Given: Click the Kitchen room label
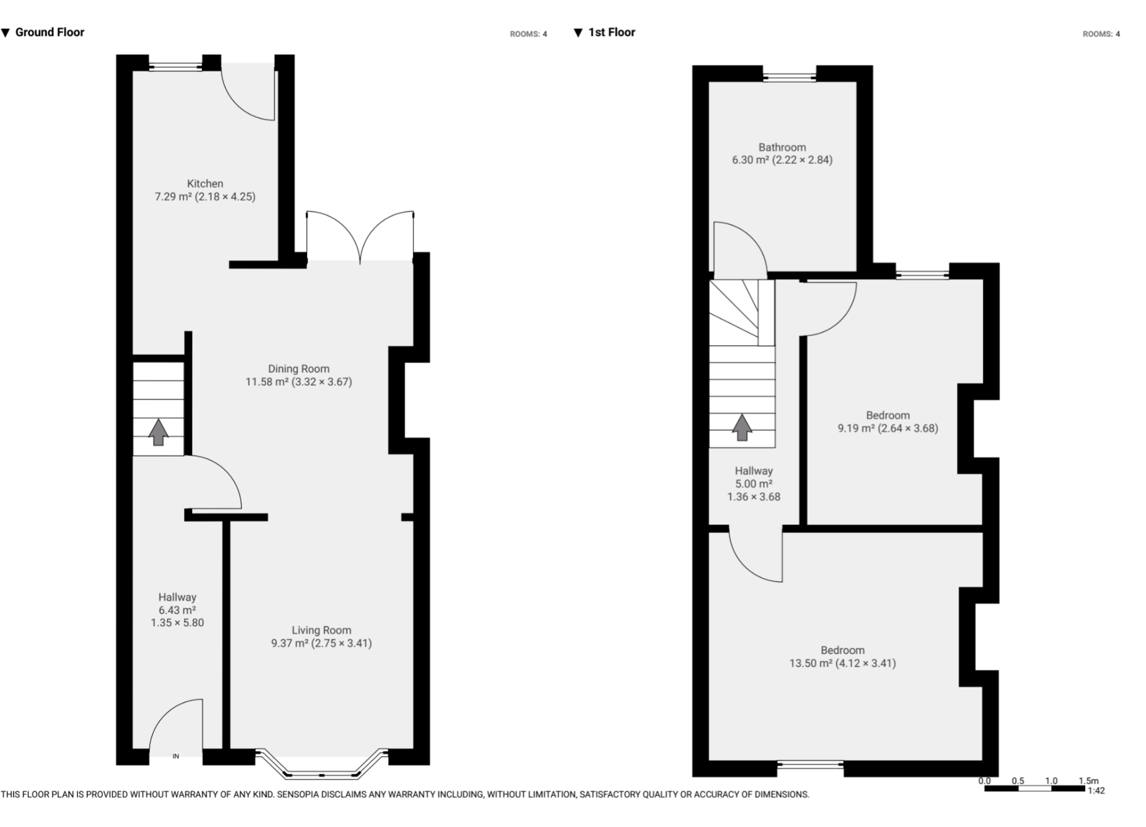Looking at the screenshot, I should (205, 184).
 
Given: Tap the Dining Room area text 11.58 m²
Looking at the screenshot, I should (267, 382).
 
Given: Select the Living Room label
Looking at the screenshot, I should (321, 630).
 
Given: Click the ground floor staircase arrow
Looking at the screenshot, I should (158, 432).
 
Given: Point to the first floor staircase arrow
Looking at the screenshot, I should (742, 427).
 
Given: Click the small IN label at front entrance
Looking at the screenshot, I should (176, 756).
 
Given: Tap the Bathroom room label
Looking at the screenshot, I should (782, 147).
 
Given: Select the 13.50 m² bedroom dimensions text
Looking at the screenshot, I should (842, 664).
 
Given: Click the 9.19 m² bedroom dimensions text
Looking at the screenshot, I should (887, 428).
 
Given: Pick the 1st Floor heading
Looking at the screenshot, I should (611, 33).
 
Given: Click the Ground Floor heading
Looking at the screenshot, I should (49, 33).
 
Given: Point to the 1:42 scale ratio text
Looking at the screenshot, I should (1096, 791).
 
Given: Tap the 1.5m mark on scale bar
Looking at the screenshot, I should (1088, 781).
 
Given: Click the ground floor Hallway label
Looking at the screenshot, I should (177, 597).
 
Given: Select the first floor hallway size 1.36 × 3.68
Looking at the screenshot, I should (753, 497).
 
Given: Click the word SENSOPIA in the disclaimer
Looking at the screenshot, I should (298, 795).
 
